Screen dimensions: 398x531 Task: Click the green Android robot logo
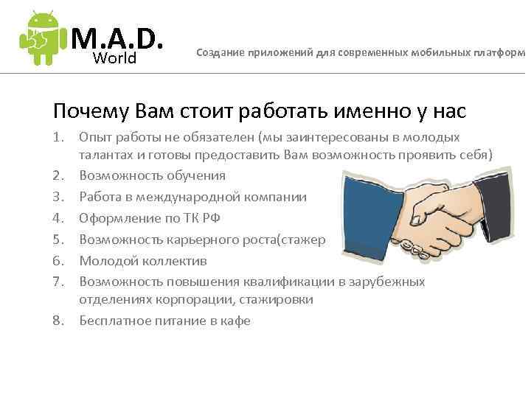pyautogui.click(x=41, y=38)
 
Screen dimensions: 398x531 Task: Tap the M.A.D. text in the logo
pyautogui.click(x=117, y=35)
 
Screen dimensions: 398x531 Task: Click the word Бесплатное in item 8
pyautogui.click(x=113, y=321)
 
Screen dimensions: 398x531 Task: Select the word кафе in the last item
pyautogui.click(x=237, y=321)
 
